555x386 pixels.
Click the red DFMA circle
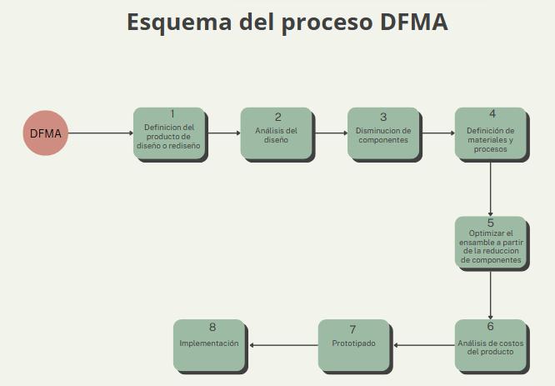click(45, 133)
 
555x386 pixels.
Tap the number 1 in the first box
click(172, 114)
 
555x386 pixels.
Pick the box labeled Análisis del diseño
click(277, 133)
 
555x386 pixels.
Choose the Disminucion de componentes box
click(383, 133)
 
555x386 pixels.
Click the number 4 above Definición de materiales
click(492, 114)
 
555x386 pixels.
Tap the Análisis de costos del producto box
click(490, 345)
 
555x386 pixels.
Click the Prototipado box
click(354, 345)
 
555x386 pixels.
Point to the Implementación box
click(209, 345)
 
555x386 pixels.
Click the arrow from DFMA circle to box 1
click(100, 133)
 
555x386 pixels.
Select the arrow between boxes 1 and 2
click(223, 133)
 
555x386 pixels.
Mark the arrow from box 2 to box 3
click(330, 133)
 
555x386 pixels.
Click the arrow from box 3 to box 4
click(437, 133)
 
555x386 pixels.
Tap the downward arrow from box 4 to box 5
click(490, 189)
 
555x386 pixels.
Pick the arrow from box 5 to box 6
click(490, 295)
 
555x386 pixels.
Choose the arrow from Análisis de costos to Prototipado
click(423, 344)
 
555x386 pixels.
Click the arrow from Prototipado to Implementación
click(283, 344)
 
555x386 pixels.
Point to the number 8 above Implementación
click(212, 328)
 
